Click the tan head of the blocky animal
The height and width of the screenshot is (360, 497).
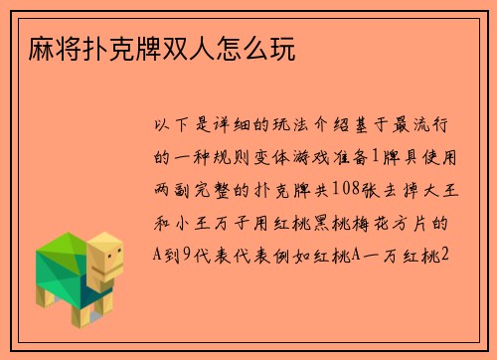click(105, 262)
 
